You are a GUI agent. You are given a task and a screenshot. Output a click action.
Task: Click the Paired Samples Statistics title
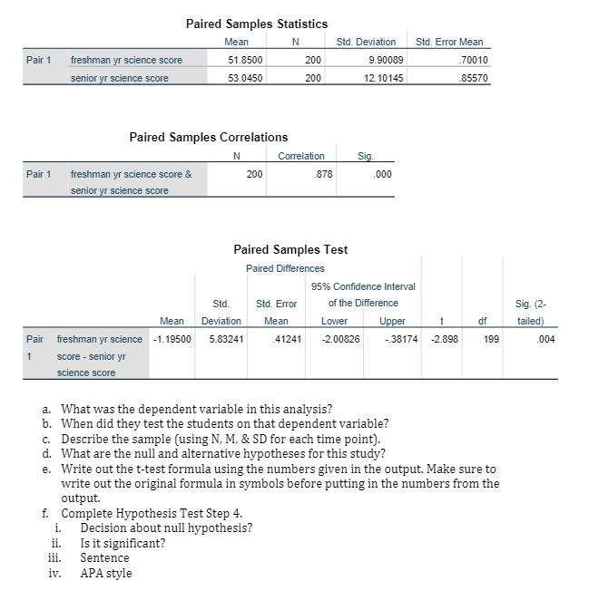click(x=257, y=24)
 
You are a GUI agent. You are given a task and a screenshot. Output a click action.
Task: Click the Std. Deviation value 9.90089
click(x=376, y=60)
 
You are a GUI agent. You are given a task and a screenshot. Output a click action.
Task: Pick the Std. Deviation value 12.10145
click(x=374, y=78)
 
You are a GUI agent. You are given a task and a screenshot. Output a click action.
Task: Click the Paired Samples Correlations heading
click(x=209, y=137)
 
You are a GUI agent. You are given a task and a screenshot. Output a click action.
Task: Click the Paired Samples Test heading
click(x=290, y=249)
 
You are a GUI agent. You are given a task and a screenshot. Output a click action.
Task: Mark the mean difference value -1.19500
click(x=170, y=339)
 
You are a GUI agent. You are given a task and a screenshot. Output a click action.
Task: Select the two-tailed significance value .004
click(x=545, y=339)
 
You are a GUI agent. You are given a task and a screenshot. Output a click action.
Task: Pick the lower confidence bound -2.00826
click(x=340, y=339)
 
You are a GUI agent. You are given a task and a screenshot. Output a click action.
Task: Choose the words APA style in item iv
click(x=106, y=573)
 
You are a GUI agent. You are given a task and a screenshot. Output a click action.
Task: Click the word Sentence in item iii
click(x=105, y=557)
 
